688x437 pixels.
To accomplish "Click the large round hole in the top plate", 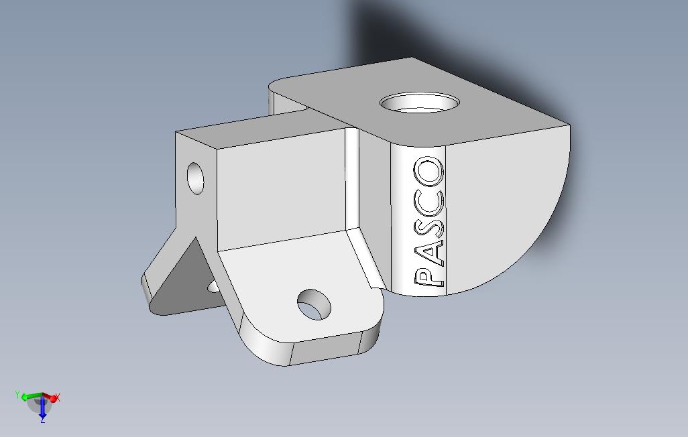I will [x=420, y=104].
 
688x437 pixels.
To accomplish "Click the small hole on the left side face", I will [x=195, y=178].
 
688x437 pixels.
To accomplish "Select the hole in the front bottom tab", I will [x=314, y=304].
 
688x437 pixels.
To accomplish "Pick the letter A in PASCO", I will [x=430, y=250].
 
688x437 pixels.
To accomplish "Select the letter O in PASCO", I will [x=430, y=173].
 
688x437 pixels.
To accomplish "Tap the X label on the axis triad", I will [x=58, y=397].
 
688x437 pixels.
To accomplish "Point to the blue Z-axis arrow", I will [x=42, y=408].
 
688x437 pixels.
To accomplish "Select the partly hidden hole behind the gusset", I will [x=213, y=287].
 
